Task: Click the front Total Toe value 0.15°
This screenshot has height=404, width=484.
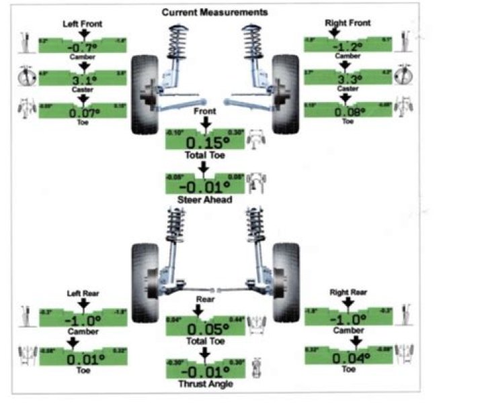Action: coord(205,143)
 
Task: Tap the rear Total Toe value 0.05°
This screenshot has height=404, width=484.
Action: coord(205,329)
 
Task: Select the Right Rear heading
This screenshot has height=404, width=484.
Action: coord(348,293)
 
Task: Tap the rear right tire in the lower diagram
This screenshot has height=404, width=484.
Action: coord(285,282)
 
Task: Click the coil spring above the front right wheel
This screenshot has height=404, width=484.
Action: coord(254,43)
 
